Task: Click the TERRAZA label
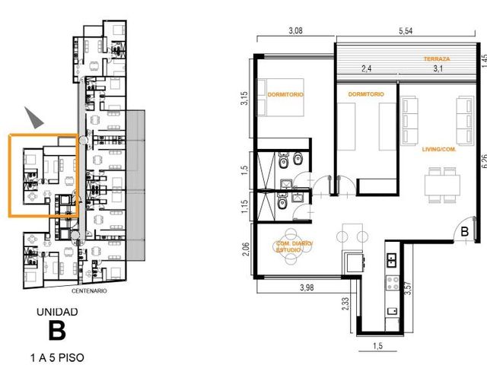[437, 59]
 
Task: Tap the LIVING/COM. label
[439, 149]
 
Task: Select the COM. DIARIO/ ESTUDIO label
[294, 246]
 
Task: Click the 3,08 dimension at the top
[295, 30]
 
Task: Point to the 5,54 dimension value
[406, 31]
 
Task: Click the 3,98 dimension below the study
[307, 287]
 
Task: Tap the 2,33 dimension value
[345, 304]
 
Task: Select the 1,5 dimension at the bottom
[377, 346]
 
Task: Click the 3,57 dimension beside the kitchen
[409, 287]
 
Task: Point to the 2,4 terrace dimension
[367, 68]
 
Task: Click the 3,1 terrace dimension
[438, 68]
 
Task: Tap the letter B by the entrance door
[465, 231]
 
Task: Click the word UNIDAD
[57, 312]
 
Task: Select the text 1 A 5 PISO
[57, 357]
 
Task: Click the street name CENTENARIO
[89, 291]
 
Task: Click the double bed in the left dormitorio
[280, 97]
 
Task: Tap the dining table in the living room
[442, 185]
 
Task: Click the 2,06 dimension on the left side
[245, 249]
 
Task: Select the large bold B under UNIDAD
[57, 331]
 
